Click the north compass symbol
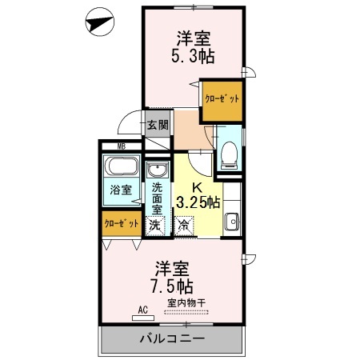[x=100, y=22]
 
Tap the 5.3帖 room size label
[x=193, y=56]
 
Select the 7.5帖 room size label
[x=173, y=286]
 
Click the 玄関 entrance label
[x=158, y=125]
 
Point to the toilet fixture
[x=230, y=155]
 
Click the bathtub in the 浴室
[x=122, y=166]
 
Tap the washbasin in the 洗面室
[x=158, y=170]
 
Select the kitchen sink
[x=231, y=222]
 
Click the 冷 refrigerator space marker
[x=184, y=226]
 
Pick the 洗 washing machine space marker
[x=155, y=226]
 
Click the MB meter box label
[x=122, y=146]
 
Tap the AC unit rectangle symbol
[x=143, y=318]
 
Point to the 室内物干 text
[x=186, y=303]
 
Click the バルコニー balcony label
[x=172, y=338]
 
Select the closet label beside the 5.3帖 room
[x=222, y=99]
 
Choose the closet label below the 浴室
[x=122, y=223]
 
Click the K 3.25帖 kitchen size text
[x=198, y=196]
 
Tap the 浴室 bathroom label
[x=121, y=190]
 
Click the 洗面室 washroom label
[x=157, y=198]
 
